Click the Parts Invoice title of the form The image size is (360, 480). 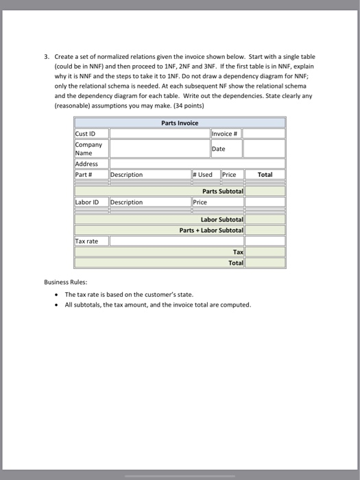pos(180,123)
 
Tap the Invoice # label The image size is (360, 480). pos(224,133)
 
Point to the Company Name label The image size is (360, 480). pos(89,149)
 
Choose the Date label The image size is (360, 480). pos(219,149)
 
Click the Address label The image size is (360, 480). pos(87,164)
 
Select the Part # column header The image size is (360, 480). pos(85,175)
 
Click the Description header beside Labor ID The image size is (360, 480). pos(127,202)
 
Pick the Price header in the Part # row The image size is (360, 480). pos(229,175)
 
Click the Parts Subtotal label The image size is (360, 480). pos(223,191)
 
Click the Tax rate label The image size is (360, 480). pos(87,241)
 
